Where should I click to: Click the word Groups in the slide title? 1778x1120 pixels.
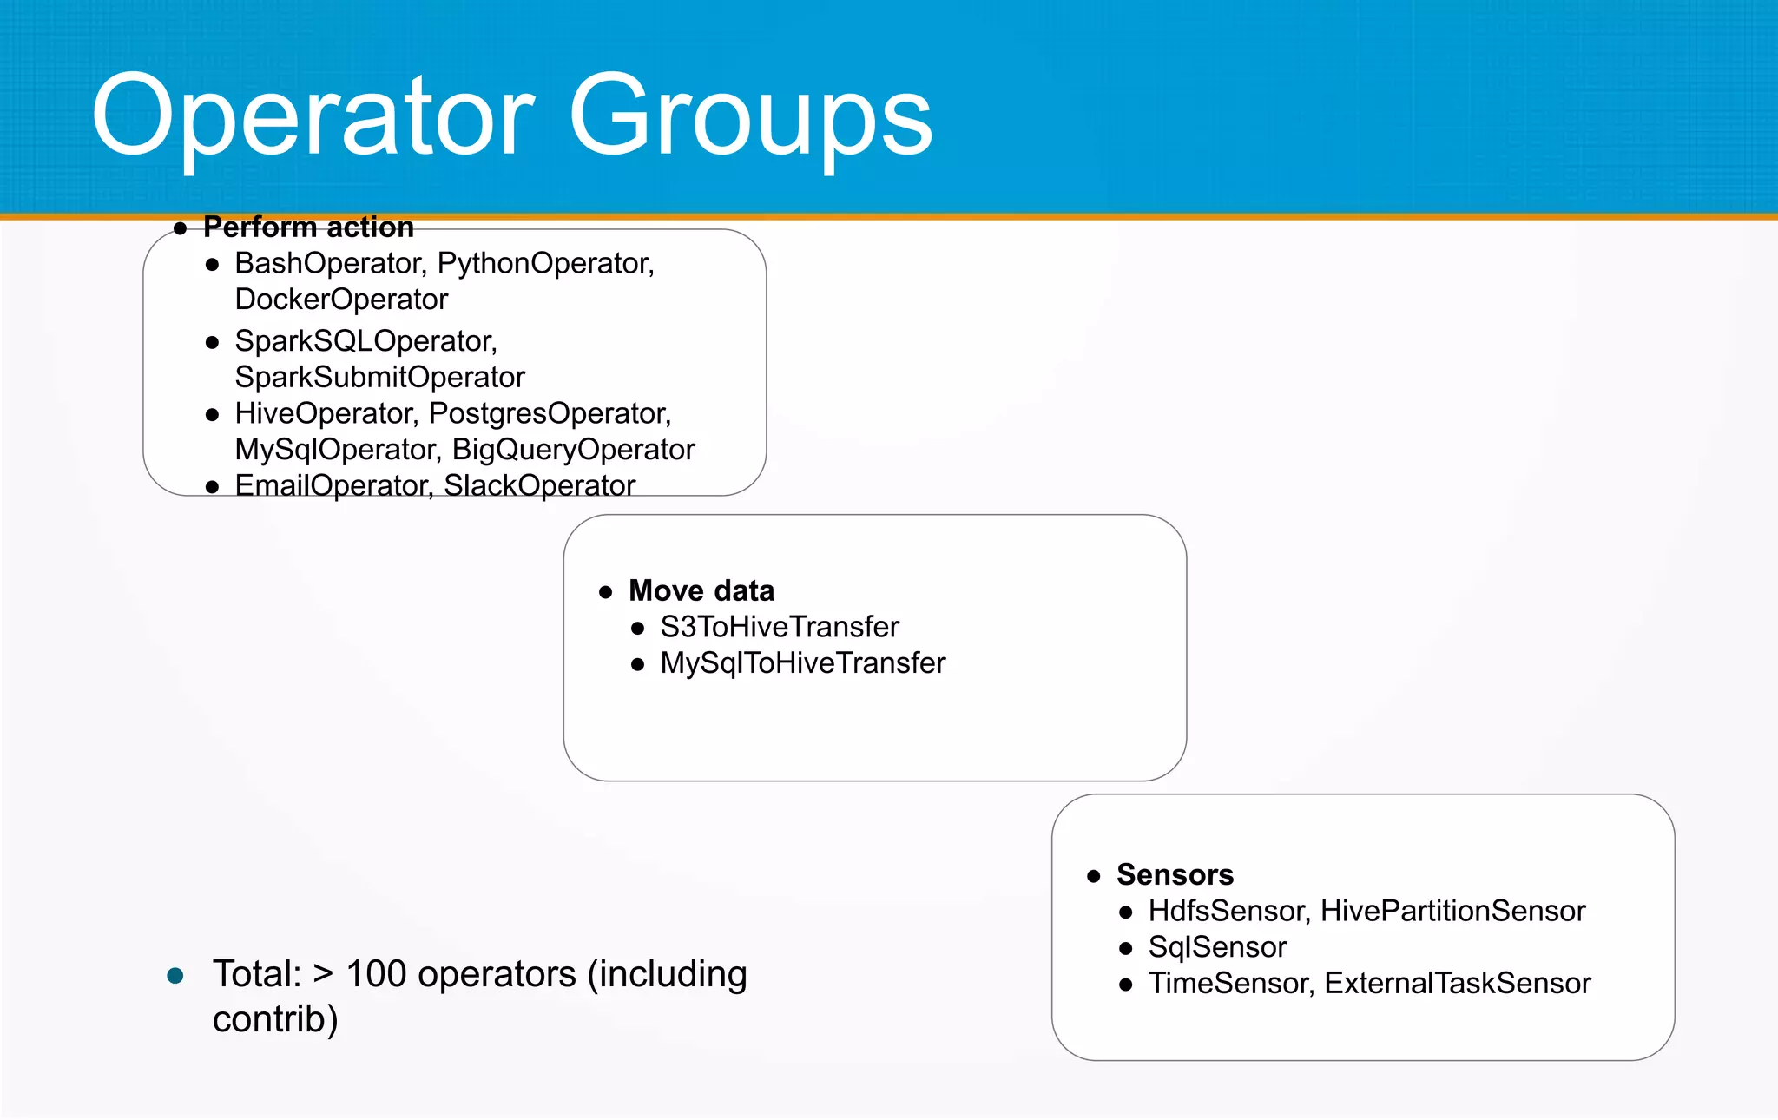click(x=750, y=117)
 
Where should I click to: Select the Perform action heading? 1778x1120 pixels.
click(x=308, y=227)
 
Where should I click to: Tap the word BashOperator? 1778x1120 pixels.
click(x=328, y=263)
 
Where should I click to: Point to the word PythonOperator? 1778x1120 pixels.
click(x=545, y=263)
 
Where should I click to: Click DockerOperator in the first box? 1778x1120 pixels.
click(x=341, y=300)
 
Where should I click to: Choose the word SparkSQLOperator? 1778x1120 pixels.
click(x=365, y=341)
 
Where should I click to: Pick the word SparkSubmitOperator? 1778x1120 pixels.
click(x=379, y=378)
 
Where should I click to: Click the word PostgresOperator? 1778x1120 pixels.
click(x=550, y=413)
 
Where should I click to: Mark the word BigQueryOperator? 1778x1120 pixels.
click(x=573, y=450)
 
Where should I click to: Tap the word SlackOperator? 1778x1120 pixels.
click(x=539, y=485)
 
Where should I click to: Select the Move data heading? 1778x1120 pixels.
click(x=701, y=590)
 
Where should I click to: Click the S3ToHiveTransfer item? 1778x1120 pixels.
click(x=779, y=627)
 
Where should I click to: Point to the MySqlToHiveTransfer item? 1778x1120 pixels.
click(x=802, y=663)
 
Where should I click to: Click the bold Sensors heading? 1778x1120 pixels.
click(x=1175, y=874)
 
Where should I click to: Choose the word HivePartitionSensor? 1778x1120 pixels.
click(x=1452, y=911)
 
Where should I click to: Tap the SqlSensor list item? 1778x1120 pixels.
click(x=1217, y=947)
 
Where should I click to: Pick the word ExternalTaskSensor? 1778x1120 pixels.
click(x=1457, y=984)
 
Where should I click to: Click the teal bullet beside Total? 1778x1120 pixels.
click(x=175, y=976)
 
